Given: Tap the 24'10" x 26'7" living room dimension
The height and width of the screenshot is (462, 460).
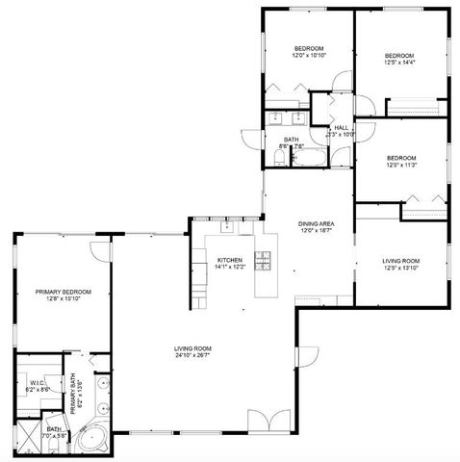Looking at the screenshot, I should [x=192, y=355].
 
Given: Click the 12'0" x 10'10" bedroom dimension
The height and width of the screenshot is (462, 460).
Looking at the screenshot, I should [x=309, y=56].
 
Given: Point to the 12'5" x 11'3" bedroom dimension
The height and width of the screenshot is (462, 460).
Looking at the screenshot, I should [x=400, y=165].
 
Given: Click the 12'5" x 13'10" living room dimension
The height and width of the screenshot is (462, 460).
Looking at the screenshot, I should [x=400, y=267].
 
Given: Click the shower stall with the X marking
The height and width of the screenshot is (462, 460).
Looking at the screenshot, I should [x=28, y=439].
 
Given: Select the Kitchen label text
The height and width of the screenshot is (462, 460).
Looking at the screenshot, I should [x=228, y=260].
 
